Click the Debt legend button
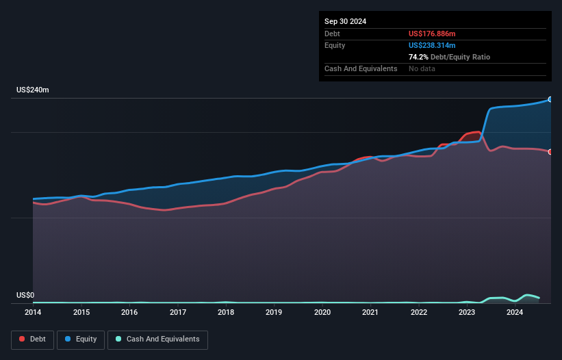(x=31, y=339)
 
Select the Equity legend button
(x=81, y=339)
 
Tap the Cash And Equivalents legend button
(x=157, y=339)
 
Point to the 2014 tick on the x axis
(x=33, y=313)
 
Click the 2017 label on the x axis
(x=177, y=313)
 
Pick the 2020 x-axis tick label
(x=322, y=313)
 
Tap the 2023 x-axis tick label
(x=467, y=313)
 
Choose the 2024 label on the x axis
(x=515, y=313)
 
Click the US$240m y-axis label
(x=32, y=90)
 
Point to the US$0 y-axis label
(x=25, y=296)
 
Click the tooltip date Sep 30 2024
(x=346, y=21)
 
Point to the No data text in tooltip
(x=422, y=68)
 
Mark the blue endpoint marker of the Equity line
(x=550, y=99)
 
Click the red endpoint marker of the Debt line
(x=550, y=152)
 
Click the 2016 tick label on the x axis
(x=129, y=313)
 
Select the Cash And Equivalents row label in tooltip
(x=361, y=68)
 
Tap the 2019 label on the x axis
(x=274, y=313)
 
